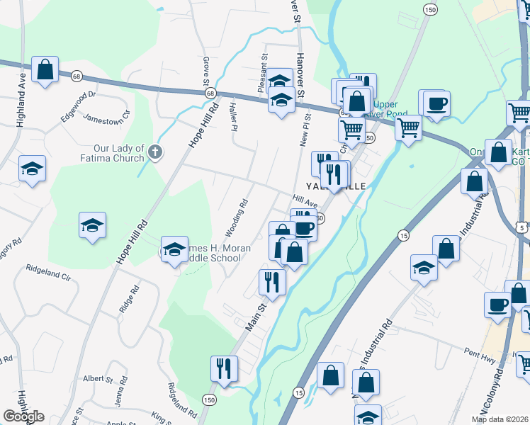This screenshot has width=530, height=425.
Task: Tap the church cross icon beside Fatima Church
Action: point(156,151)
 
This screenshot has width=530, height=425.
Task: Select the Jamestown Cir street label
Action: point(108,117)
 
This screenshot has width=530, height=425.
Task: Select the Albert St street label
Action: point(94,379)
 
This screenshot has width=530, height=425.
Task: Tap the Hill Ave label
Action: point(304,202)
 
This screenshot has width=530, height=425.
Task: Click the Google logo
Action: point(23,416)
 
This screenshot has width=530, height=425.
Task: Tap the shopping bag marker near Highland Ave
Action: point(45,70)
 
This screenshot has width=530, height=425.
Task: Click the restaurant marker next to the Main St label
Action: point(272,281)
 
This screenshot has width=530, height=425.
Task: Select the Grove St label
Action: point(206,69)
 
